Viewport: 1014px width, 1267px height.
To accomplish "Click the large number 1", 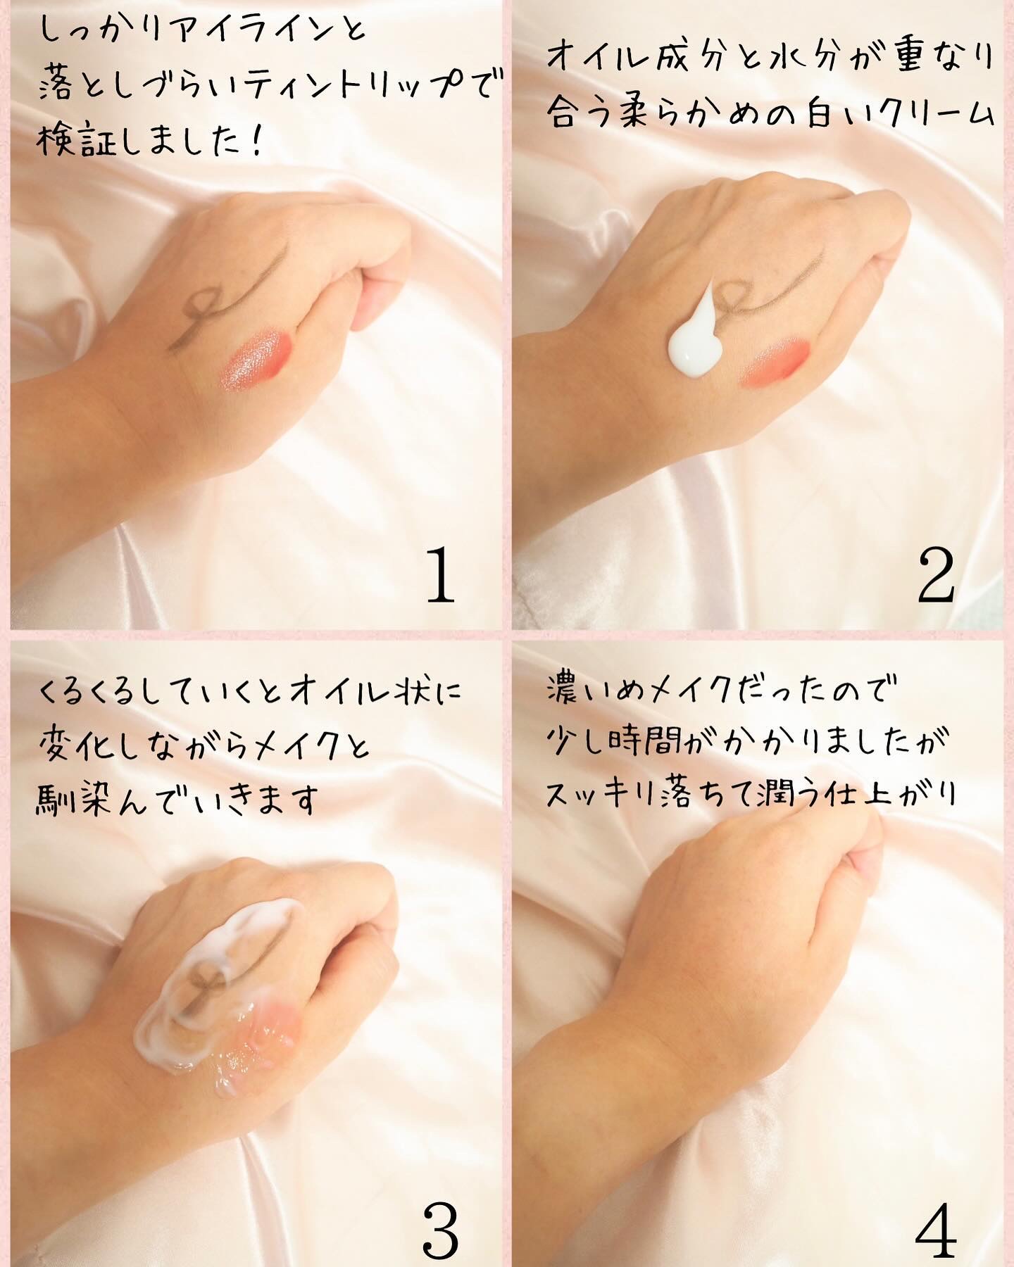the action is point(442,577).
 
